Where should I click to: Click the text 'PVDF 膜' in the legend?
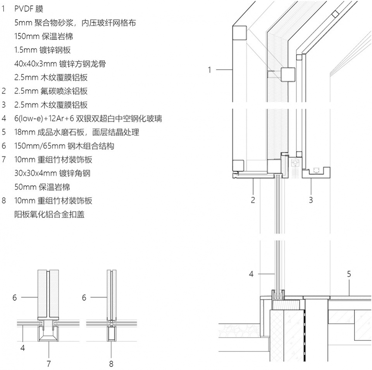(29, 9)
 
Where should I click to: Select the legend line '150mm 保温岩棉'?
(44, 36)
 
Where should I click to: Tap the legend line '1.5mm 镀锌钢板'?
(43, 50)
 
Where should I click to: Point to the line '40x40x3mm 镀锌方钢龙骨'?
(60, 64)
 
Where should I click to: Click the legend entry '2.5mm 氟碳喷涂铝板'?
(51, 91)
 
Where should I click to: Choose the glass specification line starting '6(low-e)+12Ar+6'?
(88, 119)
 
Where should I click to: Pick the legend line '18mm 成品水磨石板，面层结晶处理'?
(77, 132)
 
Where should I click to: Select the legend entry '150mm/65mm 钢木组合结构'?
(64, 146)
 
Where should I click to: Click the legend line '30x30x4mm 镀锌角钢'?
(52, 173)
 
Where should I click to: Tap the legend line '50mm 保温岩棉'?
(42, 187)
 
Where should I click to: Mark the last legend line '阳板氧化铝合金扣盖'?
(49, 214)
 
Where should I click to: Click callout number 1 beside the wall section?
(209, 70)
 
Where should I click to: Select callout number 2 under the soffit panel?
(253, 200)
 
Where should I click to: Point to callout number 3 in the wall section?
(311, 200)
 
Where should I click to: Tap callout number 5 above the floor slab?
(349, 274)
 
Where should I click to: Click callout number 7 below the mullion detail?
(49, 363)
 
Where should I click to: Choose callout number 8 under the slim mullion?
(111, 363)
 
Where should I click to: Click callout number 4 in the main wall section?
(251, 274)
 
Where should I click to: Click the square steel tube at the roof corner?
(239, 33)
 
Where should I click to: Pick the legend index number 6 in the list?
(4, 146)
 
